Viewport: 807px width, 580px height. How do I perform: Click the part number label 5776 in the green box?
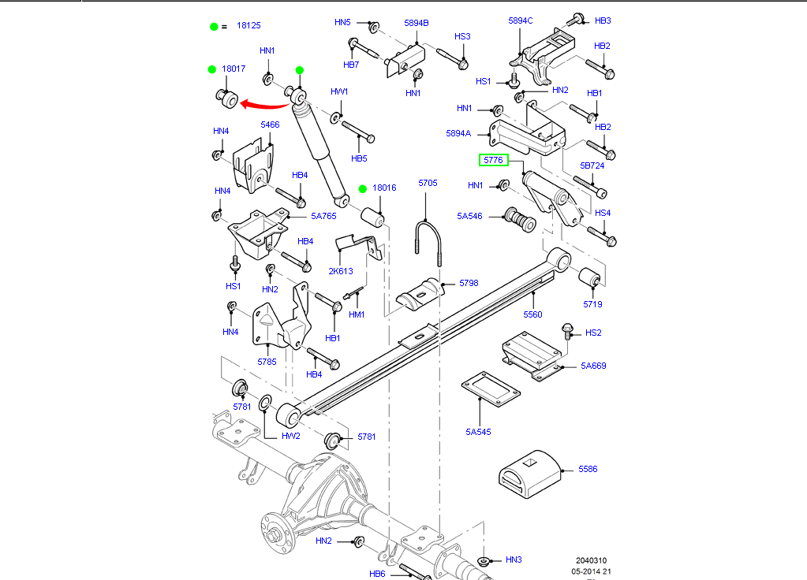coord(493,161)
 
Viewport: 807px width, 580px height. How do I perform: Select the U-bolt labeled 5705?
coord(426,237)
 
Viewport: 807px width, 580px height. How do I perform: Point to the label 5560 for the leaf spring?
coord(532,314)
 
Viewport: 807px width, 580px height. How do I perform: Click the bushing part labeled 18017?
coord(226,99)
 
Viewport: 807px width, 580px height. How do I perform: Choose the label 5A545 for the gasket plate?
coord(478,431)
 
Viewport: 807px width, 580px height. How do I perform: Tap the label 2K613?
coord(341,271)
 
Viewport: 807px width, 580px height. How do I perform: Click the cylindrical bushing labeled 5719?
coord(592,280)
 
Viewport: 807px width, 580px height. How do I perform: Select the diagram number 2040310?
coord(592,560)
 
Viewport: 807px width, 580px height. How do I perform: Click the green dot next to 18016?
coord(363,188)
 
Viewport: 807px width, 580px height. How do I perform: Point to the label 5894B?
coord(417,23)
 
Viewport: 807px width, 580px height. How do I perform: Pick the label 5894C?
coord(521,20)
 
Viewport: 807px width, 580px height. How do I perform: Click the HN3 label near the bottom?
coord(514,560)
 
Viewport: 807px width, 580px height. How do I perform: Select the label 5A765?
coord(323,216)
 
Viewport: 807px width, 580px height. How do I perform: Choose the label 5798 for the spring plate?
coord(469,282)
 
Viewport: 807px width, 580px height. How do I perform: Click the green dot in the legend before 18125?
coord(213,26)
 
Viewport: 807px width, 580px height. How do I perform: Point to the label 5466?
coord(270,125)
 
